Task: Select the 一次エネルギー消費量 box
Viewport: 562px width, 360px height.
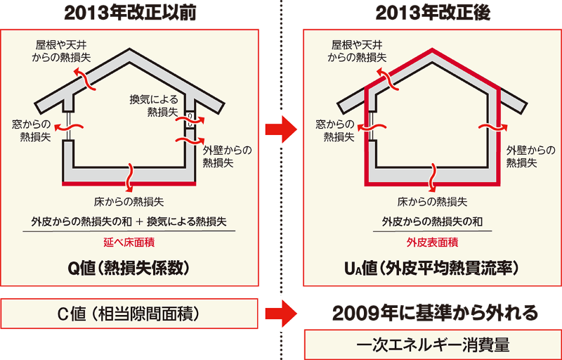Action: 431,345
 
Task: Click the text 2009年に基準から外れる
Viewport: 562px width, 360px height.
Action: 431,312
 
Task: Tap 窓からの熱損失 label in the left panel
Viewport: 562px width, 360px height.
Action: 31,130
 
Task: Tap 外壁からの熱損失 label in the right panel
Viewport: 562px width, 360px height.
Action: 530,156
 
